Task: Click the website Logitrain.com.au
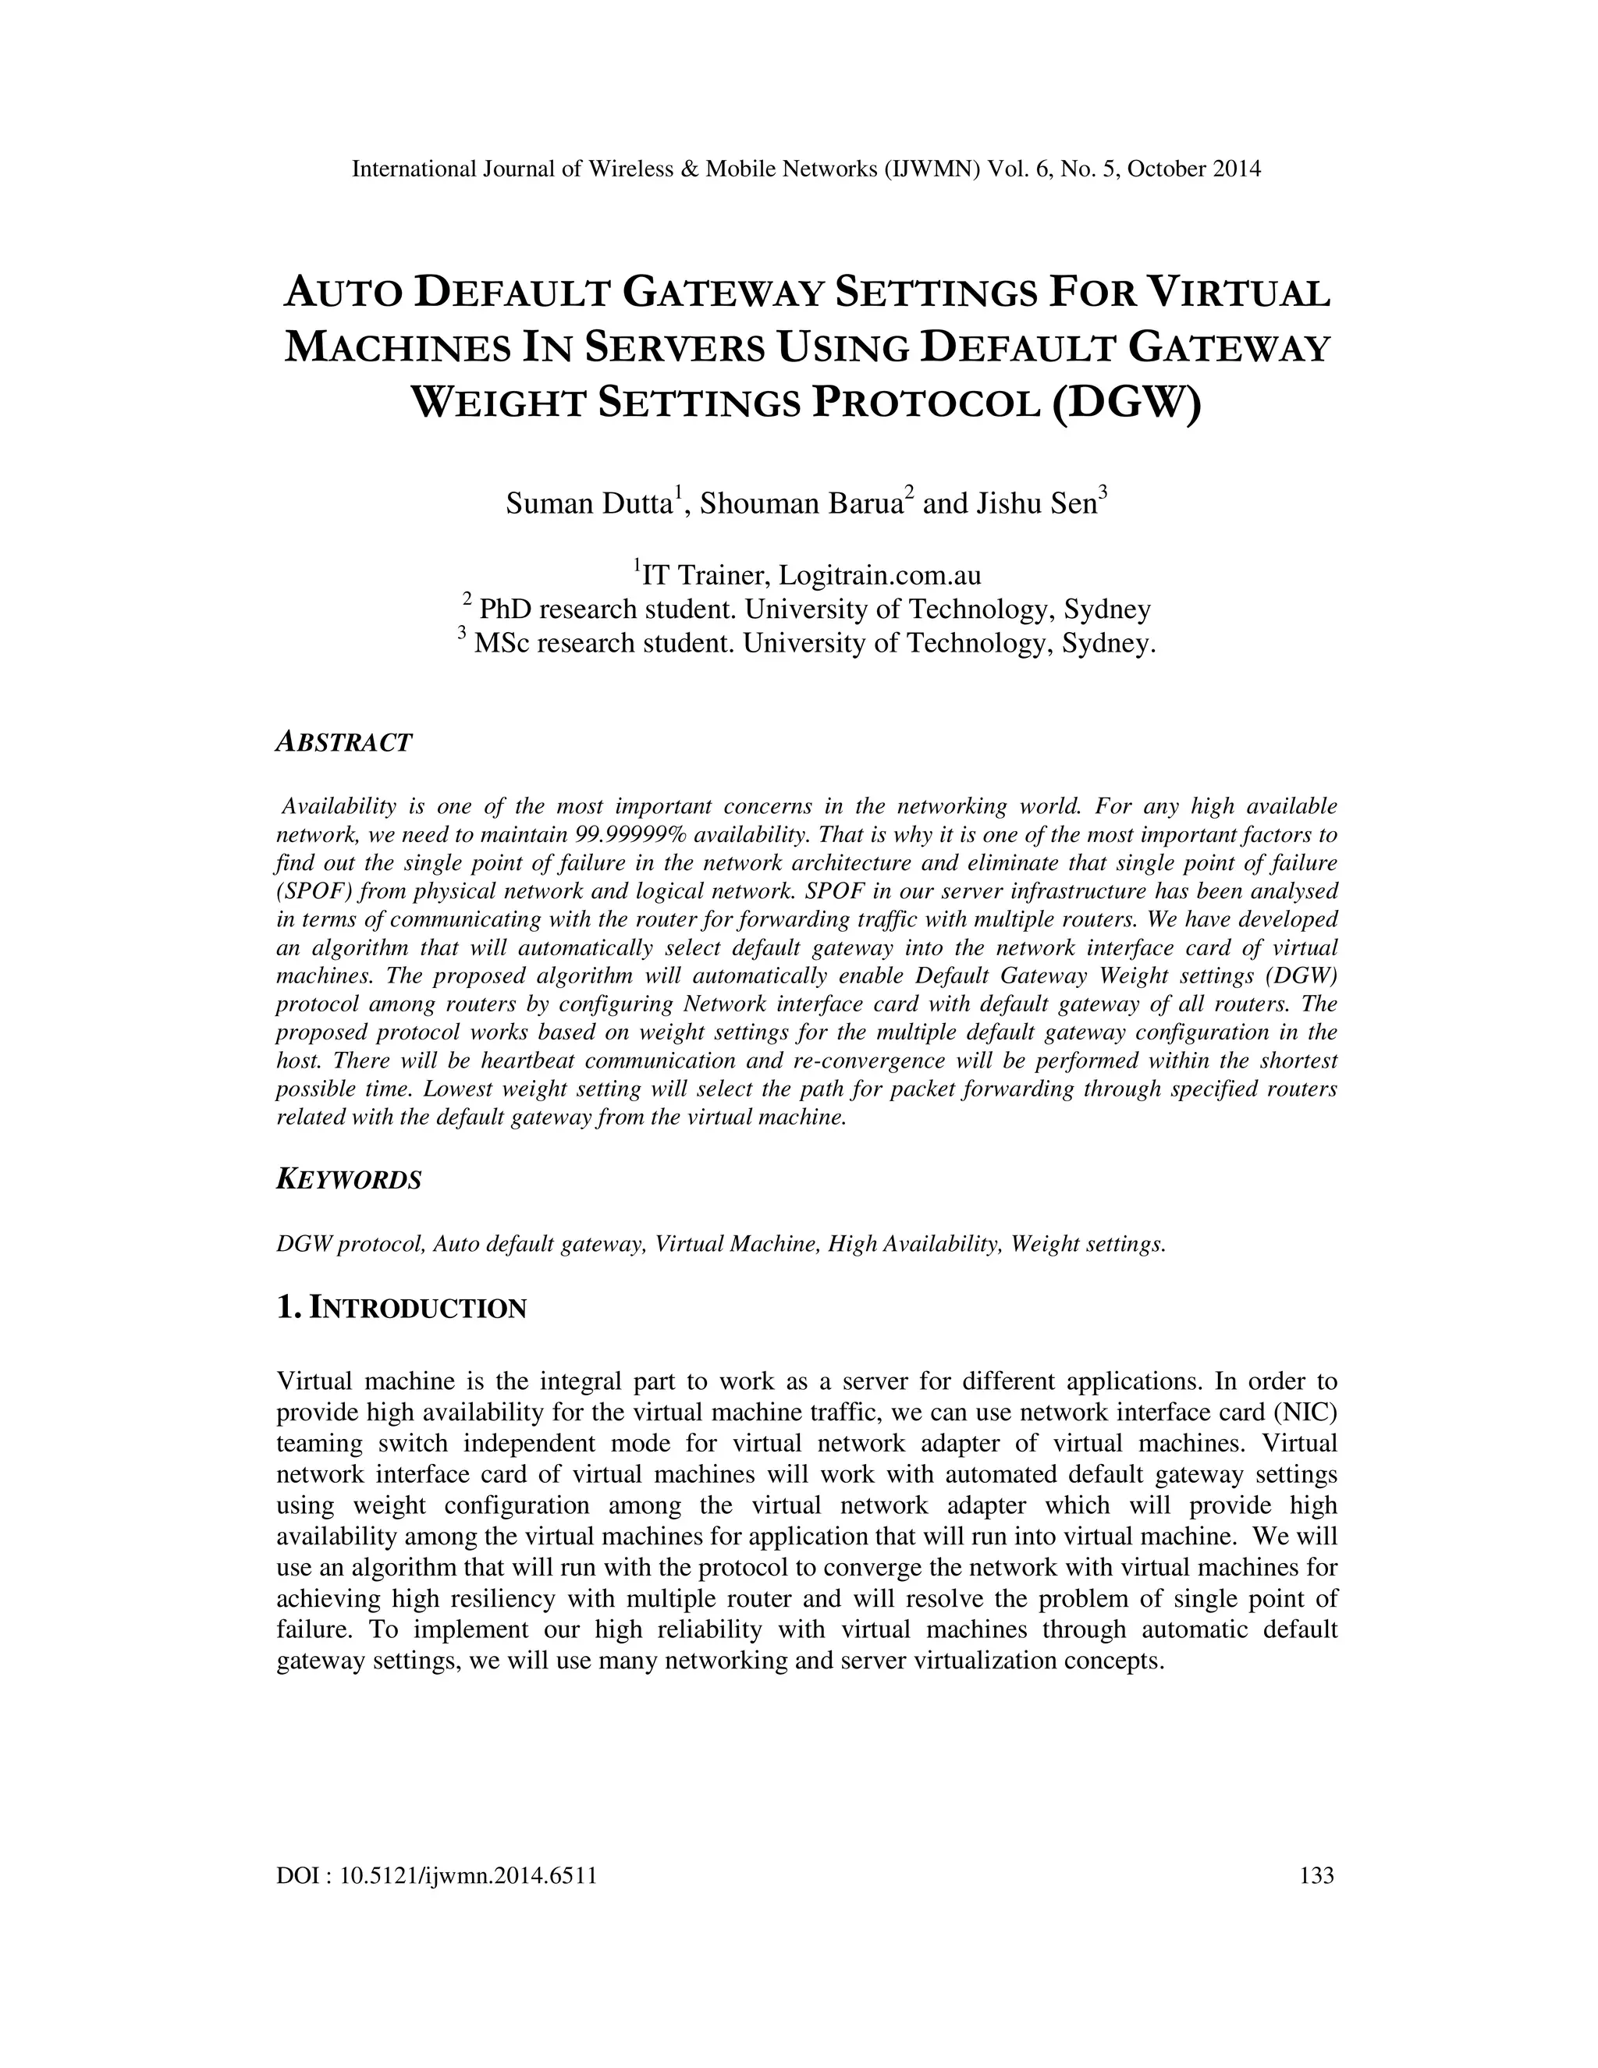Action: [879, 575]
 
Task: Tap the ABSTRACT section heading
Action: [343, 742]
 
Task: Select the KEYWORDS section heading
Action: [348, 1180]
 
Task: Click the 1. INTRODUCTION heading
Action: [401, 1309]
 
